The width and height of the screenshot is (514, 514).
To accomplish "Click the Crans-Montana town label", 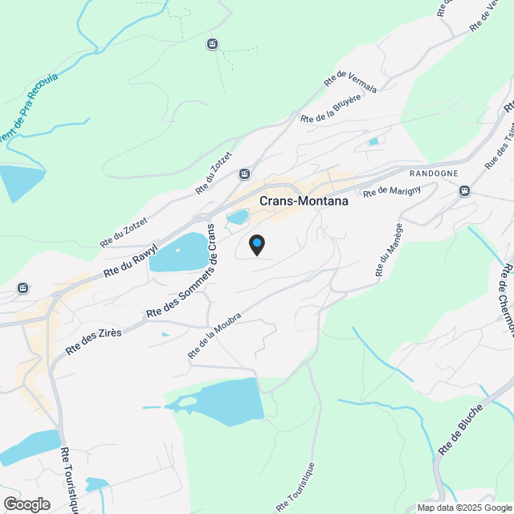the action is pos(304,202).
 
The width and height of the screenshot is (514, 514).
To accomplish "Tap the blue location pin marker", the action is pos(256,244).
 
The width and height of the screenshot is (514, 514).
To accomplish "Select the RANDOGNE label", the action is pos(434,173).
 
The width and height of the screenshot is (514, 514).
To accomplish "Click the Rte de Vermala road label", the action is pos(350,81).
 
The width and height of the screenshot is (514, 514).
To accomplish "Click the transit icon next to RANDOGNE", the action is pos(464,190).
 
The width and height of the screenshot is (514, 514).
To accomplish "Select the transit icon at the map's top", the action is pos(212,44).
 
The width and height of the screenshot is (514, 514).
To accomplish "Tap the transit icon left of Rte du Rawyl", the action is pos(23,288).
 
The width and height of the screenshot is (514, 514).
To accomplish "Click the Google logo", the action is pos(27,504).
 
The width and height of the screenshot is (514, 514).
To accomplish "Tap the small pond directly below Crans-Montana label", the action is pos(238,217).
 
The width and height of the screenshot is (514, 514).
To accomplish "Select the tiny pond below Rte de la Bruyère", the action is pos(373,142).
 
